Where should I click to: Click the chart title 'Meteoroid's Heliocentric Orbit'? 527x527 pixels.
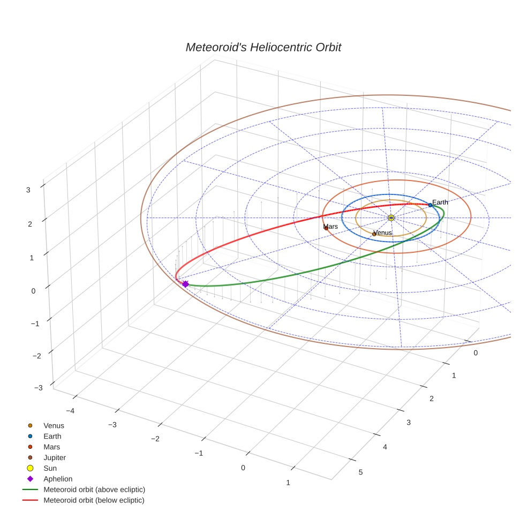tap(263, 48)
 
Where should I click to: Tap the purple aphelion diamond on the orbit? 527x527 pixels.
tap(185, 284)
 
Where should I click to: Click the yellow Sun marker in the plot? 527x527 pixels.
tap(391, 217)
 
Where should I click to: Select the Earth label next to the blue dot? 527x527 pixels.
tap(440, 202)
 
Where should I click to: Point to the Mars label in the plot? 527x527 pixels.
tap(330, 227)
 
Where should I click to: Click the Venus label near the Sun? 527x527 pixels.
tap(382, 233)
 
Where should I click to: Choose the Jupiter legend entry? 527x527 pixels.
tap(55, 457)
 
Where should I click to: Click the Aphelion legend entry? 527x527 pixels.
tap(58, 479)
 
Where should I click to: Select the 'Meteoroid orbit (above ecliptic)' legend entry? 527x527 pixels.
tap(94, 490)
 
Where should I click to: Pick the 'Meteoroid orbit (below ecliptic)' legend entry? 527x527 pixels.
tap(94, 500)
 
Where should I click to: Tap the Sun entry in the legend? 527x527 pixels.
tap(50, 468)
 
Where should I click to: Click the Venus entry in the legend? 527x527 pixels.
tap(54, 426)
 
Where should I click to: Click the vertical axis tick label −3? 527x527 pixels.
tap(38, 388)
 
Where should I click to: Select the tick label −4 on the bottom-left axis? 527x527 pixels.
tap(70, 411)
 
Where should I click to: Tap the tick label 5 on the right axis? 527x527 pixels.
tap(360, 472)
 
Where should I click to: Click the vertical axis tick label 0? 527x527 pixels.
tap(33, 291)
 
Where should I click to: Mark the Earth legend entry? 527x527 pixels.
tap(52, 436)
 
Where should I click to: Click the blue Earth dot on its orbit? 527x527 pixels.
tap(430, 205)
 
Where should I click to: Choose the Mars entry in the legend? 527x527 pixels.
tap(52, 447)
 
